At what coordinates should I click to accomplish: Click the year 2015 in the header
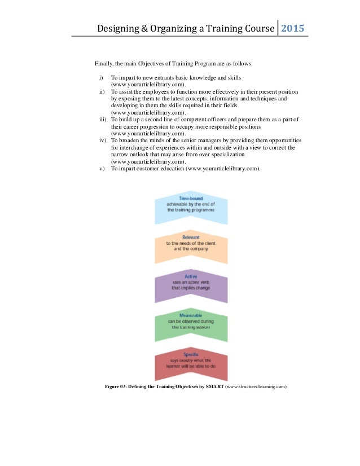(x=293, y=28)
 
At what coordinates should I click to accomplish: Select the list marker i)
(x=100, y=77)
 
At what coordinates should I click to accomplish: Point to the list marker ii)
(x=102, y=91)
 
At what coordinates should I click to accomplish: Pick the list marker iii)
(x=102, y=120)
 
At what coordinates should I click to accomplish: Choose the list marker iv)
(x=102, y=140)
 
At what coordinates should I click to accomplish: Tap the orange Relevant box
(x=191, y=244)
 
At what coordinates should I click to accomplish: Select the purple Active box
(x=191, y=285)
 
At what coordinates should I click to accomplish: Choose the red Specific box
(x=191, y=363)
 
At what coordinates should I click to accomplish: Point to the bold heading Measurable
(x=191, y=315)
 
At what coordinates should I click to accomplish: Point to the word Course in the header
(x=255, y=28)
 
